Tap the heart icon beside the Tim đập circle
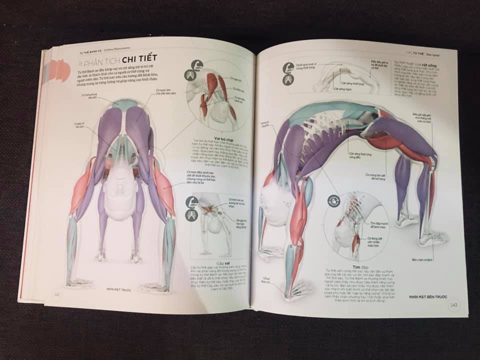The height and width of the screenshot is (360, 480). (x=331, y=201)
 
